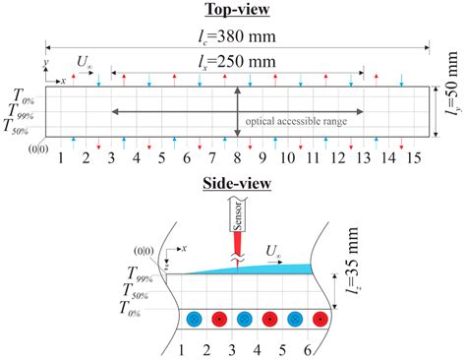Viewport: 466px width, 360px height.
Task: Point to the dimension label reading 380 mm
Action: click(237, 36)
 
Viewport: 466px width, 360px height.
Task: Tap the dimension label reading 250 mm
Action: click(237, 63)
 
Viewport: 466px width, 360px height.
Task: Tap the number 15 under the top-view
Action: click(416, 158)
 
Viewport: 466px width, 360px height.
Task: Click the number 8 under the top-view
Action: click(237, 158)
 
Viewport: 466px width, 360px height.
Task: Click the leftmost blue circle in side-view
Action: click(194, 319)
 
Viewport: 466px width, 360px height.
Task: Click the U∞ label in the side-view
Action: click(277, 251)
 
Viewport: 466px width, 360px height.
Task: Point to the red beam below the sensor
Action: click(239, 251)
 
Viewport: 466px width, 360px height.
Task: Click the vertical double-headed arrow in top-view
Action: click(237, 111)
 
